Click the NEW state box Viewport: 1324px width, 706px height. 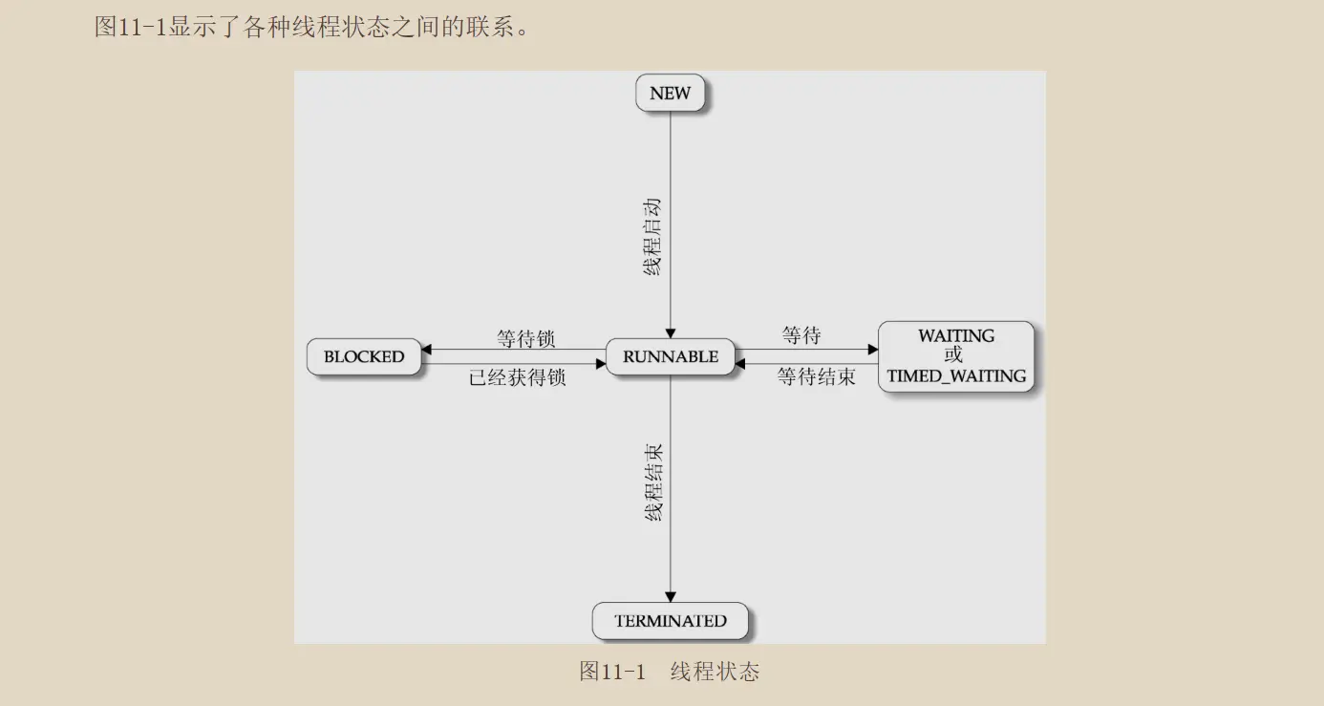[x=670, y=94]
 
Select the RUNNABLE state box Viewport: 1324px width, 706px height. [x=670, y=356]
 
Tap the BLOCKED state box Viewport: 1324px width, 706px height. [x=363, y=356]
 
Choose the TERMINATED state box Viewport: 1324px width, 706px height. [x=670, y=621]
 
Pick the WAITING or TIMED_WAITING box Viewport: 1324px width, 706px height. [x=955, y=356]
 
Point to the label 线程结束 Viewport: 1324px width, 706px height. [x=654, y=481]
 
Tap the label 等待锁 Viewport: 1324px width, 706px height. [x=525, y=338]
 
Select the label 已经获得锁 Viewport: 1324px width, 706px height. [x=517, y=377]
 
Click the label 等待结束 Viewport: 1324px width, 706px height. [x=816, y=376]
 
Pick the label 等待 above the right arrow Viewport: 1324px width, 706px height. [x=801, y=335]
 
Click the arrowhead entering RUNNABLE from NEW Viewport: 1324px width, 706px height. [x=670, y=333]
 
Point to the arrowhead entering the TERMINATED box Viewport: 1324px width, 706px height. [x=670, y=597]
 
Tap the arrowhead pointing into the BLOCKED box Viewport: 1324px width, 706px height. [x=426, y=350]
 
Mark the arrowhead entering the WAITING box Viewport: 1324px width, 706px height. [x=872, y=350]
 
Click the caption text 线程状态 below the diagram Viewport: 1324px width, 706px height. [x=715, y=672]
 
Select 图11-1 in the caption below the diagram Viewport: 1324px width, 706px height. [x=612, y=672]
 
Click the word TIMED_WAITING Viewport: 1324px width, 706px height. [x=955, y=375]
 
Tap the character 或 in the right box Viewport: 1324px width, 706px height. [x=954, y=355]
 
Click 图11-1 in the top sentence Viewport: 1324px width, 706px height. [x=131, y=26]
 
